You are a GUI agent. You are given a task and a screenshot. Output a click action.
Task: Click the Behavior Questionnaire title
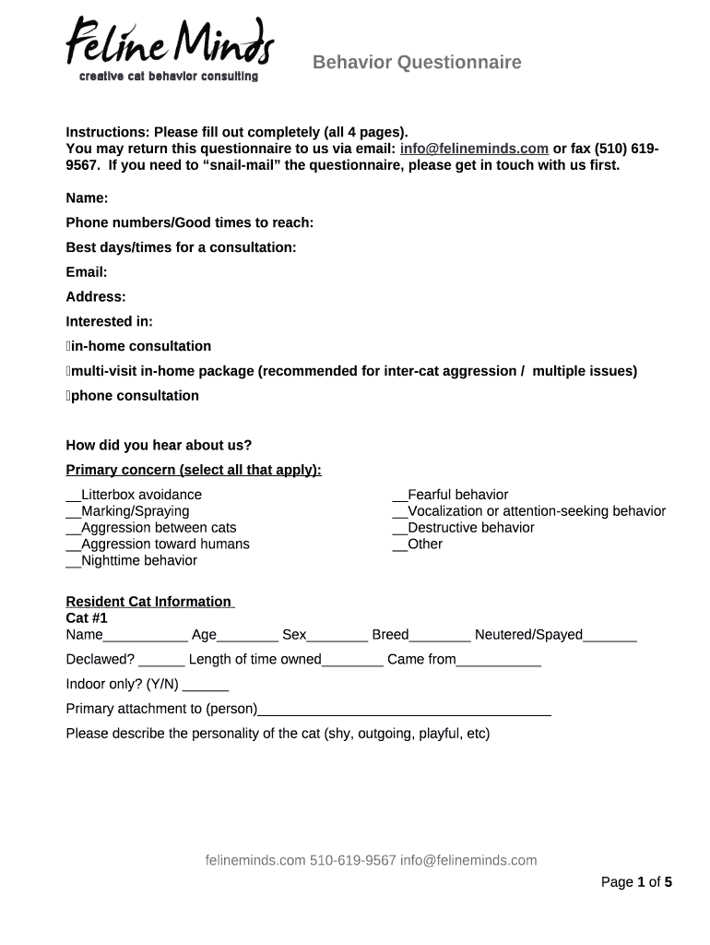(416, 62)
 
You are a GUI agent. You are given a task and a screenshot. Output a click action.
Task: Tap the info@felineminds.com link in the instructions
(474, 149)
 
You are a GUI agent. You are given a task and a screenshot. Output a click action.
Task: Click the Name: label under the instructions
(87, 198)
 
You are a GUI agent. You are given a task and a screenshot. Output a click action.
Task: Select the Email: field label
(87, 272)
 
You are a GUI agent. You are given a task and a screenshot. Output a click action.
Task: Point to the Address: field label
(96, 297)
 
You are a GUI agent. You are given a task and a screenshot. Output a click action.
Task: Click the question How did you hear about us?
(159, 445)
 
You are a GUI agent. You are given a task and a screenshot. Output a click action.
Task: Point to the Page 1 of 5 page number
(636, 882)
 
